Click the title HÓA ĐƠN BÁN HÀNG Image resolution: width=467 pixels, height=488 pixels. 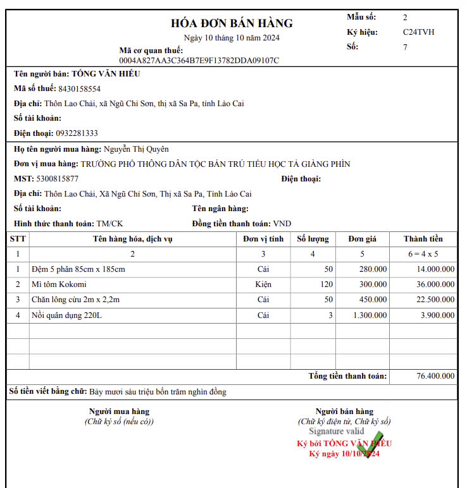pos(232,23)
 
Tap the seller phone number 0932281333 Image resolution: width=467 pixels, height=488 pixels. pos(77,133)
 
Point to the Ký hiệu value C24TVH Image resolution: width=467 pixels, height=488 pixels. pos(418,32)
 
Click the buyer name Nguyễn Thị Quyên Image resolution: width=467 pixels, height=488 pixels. pos(136,149)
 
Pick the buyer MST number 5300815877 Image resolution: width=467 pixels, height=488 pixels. pos(58,179)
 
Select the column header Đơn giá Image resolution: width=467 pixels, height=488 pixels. pos(362,239)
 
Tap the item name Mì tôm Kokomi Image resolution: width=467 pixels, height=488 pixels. pos(59,284)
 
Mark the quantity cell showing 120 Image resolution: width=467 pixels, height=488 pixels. pos(326,284)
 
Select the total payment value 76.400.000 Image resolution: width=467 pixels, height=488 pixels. pos(435,376)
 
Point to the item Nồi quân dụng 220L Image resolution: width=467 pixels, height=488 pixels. pos(66,315)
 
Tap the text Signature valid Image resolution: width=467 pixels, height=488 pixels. pos(336,431)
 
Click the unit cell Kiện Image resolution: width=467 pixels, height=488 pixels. pos(263,284)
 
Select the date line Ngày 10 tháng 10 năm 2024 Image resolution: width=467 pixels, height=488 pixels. pos(232,37)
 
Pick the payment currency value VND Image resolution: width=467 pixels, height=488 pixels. pos(282,224)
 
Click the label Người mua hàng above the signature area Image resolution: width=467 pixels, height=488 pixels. pos(119,412)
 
